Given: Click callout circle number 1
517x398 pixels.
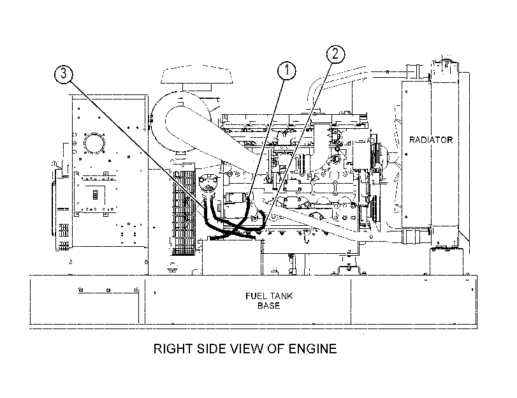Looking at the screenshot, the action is [286, 70].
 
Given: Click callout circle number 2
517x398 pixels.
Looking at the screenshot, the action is [336, 54].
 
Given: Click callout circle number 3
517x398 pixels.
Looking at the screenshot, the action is [63, 73].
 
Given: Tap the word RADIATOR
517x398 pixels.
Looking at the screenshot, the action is [430, 140].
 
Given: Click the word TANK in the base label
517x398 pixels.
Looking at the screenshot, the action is [280, 296].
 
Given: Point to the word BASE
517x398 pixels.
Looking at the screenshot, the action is [269, 306].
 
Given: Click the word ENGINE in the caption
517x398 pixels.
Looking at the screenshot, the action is [312, 348].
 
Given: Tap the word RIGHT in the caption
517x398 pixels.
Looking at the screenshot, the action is [173, 348].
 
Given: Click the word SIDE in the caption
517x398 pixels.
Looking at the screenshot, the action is [211, 348].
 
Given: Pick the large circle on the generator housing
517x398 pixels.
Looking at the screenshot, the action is [94, 144].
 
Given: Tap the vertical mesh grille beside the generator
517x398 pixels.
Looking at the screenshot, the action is [184, 213].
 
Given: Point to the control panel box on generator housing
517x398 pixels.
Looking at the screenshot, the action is [95, 195].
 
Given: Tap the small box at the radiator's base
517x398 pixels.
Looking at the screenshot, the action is [446, 261].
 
